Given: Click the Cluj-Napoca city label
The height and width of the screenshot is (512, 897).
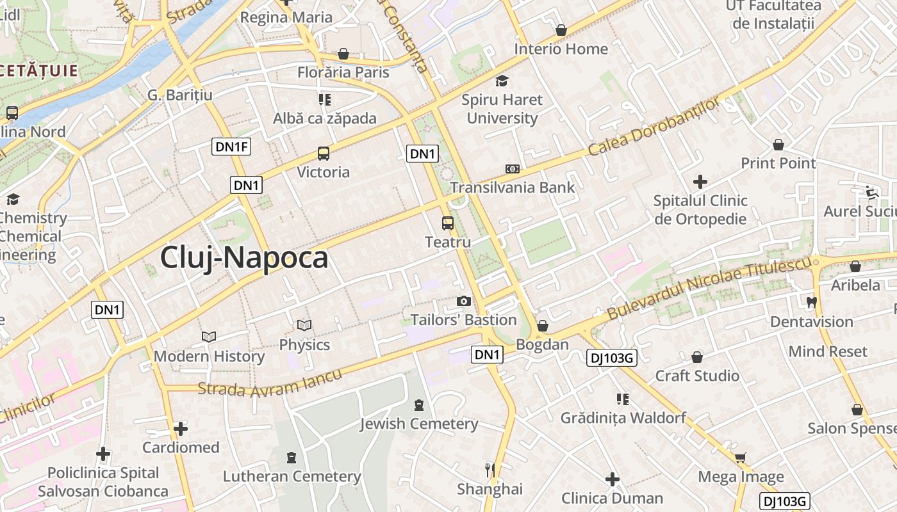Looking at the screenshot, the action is tap(243, 257).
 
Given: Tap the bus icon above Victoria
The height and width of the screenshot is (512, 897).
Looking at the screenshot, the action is tap(324, 154).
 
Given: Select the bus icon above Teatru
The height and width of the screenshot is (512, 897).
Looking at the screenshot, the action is tap(448, 223).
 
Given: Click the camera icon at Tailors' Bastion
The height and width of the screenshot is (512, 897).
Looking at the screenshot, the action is tap(463, 301).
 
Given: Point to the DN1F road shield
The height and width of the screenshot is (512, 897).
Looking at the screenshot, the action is tap(231, 147).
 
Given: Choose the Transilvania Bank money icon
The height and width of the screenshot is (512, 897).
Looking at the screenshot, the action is tap(512, 169).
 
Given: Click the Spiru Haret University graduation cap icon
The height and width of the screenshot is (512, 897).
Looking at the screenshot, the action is tap(502, 81).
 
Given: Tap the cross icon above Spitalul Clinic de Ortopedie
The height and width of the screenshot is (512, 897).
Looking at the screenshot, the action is tap(700, 182).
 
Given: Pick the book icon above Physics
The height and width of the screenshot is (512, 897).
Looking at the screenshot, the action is tap(304, 326).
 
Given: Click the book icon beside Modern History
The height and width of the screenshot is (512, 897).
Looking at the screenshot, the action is tap(209, 337).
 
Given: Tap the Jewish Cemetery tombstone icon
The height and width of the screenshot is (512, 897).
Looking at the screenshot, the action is tap(419, 404).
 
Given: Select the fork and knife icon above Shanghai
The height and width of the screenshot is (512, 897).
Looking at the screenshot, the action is tap(490, 470).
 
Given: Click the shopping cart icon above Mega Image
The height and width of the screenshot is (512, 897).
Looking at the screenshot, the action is tap(741, 458).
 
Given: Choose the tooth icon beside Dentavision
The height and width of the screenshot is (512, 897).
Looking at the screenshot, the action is tap(811, 302).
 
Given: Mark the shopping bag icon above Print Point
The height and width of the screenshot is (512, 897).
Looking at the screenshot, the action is tap(778, 145).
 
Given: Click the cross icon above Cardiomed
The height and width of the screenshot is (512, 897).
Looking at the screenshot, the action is tap(181, 428).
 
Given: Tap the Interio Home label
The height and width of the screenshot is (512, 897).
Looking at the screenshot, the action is tap(561, 49).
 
